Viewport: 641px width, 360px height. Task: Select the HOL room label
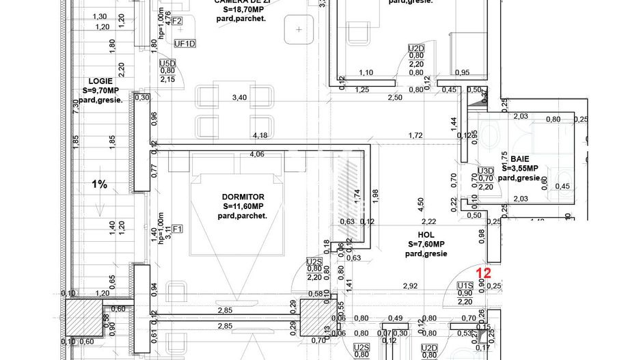coord(426,234)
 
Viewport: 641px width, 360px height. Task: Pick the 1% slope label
coord(99,184)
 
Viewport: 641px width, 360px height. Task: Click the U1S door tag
coord(465,285)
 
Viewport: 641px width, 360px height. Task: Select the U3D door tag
coord(485,171)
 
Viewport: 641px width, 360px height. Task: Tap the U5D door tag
coord(167,62)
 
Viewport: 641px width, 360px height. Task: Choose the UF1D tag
coord(185,44)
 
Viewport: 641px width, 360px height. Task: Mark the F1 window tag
coord(178,229)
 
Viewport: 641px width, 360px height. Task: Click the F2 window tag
coord(176,21)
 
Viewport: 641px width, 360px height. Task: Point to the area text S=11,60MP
coord(244,206)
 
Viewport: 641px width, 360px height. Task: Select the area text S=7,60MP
coord(426,244)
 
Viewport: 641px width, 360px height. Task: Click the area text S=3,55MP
coord(520,168)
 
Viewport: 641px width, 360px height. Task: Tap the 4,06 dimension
coord(257,154)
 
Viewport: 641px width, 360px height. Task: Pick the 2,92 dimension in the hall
coord(410,286)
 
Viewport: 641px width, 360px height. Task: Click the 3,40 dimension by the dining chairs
coord(239,98)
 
